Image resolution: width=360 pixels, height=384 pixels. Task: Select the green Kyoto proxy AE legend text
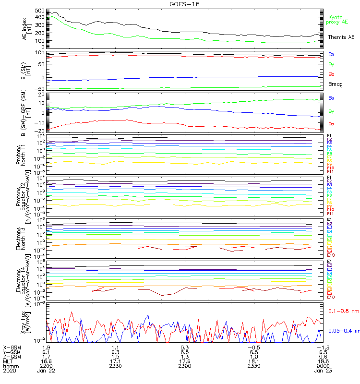click(x=337, y=20)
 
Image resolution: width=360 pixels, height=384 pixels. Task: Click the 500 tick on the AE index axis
click(x=39, y=10)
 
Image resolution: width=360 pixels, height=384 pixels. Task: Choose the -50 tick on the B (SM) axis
click(x=39, y=89)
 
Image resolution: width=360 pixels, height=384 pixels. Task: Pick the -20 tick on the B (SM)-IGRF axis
click(x=39, y=131)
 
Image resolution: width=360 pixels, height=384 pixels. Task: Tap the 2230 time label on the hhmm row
click(x=115, y=365)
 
